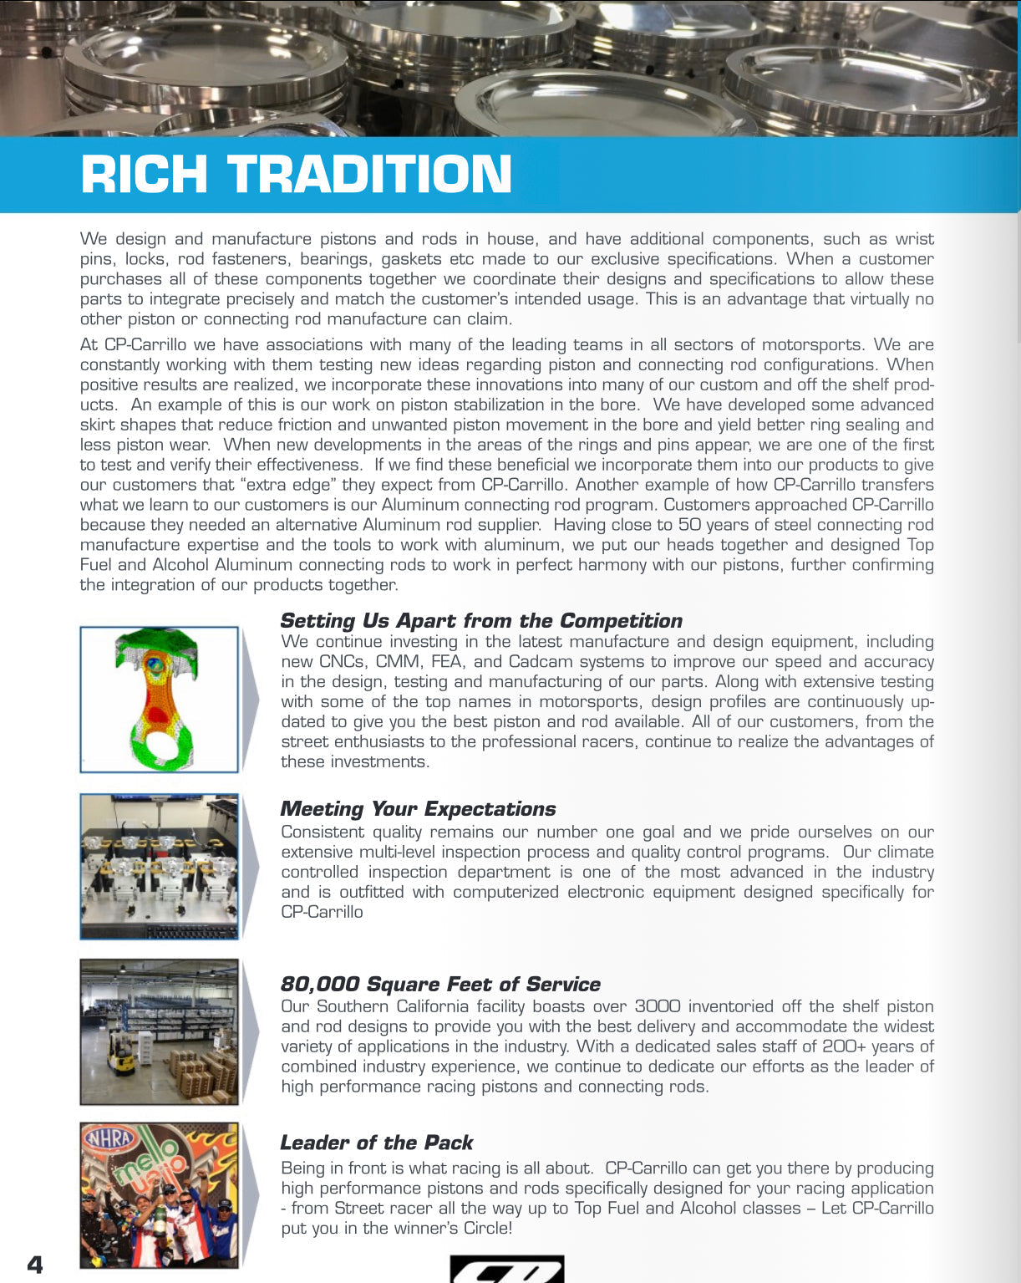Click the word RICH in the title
coord(144,175)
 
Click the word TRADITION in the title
coord(369,175)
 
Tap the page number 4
coord(35,1264)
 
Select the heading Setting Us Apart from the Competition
coord(481,621)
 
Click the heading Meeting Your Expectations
coord(418,809)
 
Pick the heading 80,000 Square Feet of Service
coord(440,985)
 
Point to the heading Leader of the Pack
coord(377,1143)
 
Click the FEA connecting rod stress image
coord(159,700)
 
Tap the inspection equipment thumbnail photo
coord(159,866)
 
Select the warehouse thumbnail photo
coord(159,1031)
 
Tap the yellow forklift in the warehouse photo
coord(122,1055)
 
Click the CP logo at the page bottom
coord(506,1270)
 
